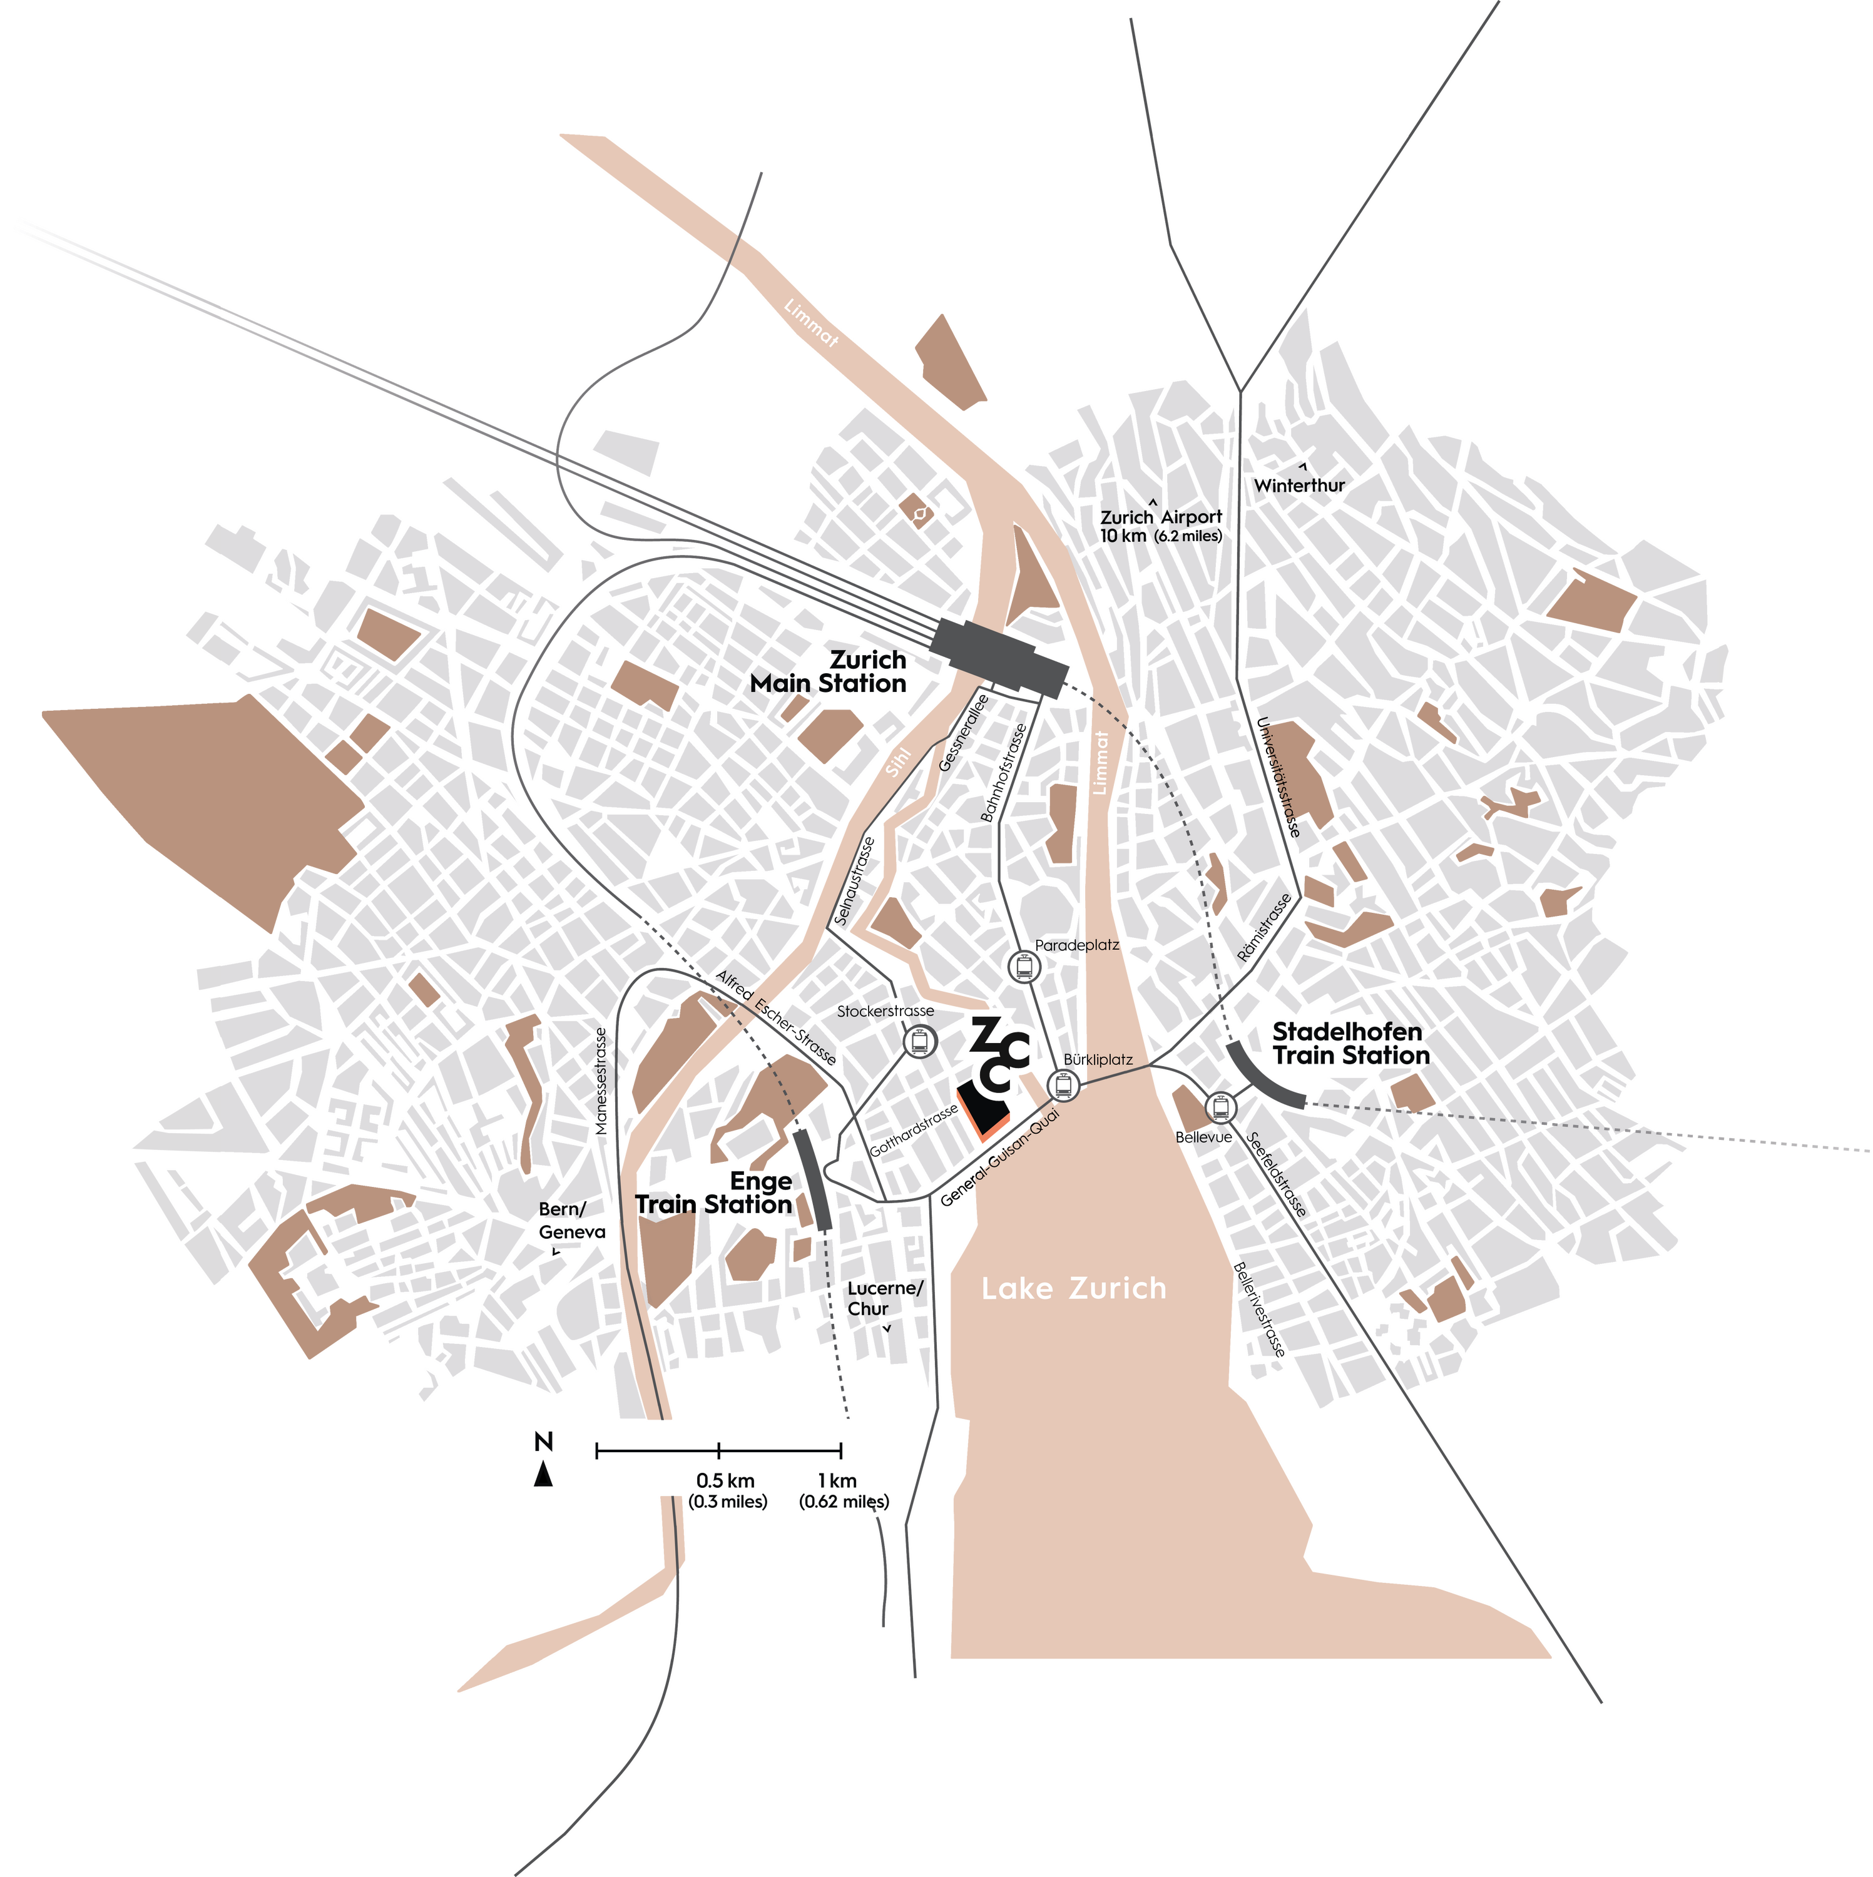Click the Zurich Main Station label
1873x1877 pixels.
tap(828, 671)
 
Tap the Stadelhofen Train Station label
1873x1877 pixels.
tap(1351, 1044)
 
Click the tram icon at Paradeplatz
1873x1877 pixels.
tap(1024, 967)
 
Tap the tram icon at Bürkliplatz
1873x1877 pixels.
tap(1063, 1084)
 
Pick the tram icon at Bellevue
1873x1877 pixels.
tap(1221, 1107)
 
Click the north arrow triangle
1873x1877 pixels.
tap(543, 1474)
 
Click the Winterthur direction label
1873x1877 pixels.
tap(1300, 485)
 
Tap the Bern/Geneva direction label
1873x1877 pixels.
tap(571, 1220)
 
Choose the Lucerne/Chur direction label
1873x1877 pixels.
tap(884, 1298)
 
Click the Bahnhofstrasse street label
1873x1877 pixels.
tap(1004, 773)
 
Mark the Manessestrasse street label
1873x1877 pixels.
tap(601, 1081)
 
